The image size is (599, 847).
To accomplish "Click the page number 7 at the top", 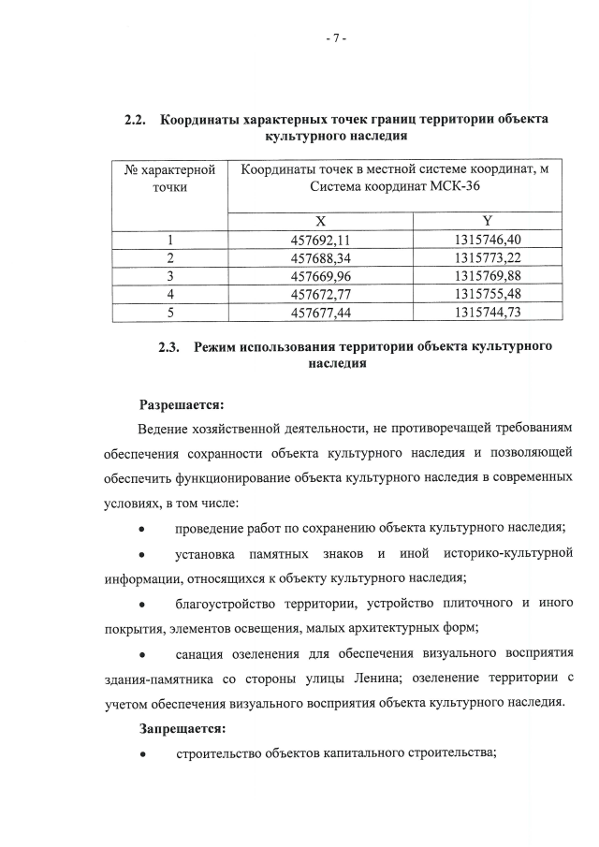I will click(336, 38).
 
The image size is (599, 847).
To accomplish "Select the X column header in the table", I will click(320, 222).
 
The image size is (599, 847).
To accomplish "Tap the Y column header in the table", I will click(487, 222).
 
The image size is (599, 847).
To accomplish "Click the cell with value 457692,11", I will click(320, 240).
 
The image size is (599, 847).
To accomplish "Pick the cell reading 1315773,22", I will click(487, 257).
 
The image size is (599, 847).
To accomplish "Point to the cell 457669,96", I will click(320, 275).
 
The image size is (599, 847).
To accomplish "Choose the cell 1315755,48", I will click(487, 293).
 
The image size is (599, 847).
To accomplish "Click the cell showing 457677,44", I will click(320, 311).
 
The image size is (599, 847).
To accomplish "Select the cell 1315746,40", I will click(487, 240).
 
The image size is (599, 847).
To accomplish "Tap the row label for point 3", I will click(169, 275).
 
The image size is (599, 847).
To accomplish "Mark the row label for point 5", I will click(169, 311).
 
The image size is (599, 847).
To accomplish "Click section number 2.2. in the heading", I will click(138, 120).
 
